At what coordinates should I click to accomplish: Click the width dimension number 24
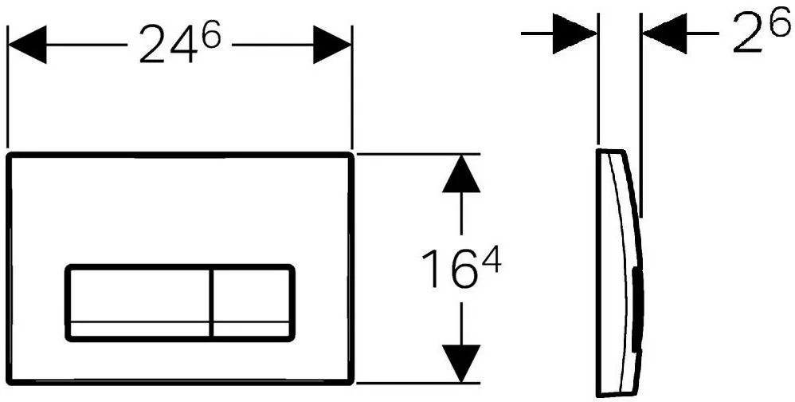[166, 45]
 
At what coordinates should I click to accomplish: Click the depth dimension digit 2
[748, 33]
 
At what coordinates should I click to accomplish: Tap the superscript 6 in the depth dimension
[780, 23]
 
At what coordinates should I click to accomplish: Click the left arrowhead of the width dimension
[27, 45]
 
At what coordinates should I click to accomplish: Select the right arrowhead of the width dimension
[332, 45]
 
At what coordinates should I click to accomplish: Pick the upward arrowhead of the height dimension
[461, 174]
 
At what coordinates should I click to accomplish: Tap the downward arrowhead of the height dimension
[461, 362]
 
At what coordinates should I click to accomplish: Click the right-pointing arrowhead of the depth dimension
[574, 33]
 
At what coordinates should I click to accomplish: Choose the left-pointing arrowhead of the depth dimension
[664, 33]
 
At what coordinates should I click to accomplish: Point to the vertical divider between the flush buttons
[210, 303]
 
